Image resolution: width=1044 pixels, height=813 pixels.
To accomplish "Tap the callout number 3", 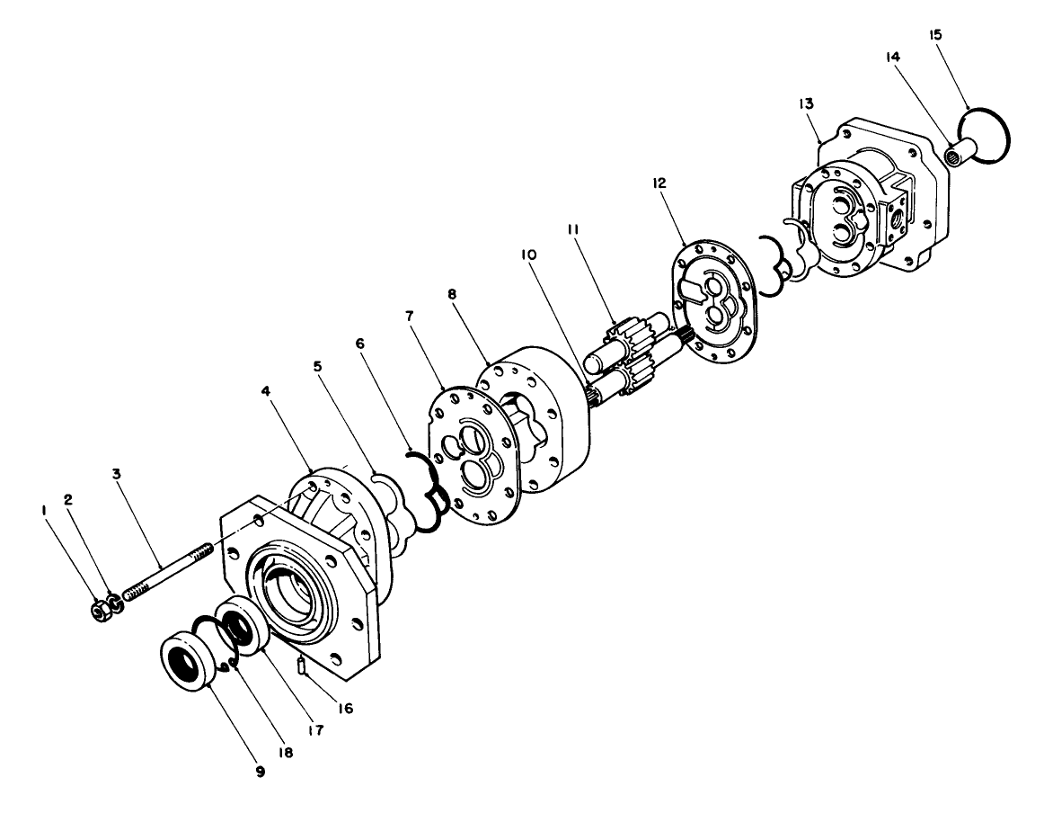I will (116, 472).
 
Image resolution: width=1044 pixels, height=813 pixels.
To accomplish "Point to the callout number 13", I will (806, 105).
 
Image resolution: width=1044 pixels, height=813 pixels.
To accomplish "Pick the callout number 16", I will (343, 708).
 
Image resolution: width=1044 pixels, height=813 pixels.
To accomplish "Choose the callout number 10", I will (529, 255).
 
